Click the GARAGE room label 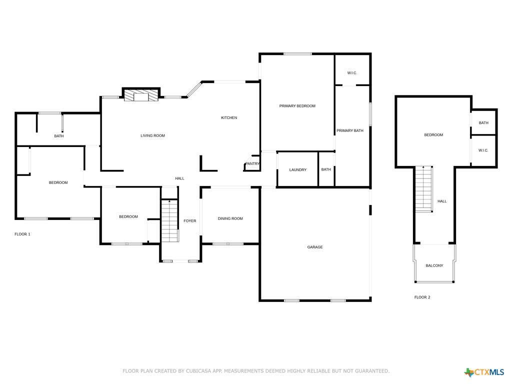point(315,247)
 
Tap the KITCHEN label point(229,118)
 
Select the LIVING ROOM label point(152,135)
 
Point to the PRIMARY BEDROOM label point(297,106)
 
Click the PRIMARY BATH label point(350,131)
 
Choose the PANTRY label point(252,163)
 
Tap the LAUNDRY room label point(297,170)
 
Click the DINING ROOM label point(230,218)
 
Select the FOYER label point(190,221)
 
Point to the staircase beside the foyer point(170,220)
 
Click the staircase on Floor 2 point(424,189)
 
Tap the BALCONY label point(434,265)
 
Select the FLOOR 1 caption point(22,234)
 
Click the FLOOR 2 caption point(422,297)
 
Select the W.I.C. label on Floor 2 point(483,150)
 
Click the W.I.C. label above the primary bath point(352,73)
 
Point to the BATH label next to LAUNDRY point(326,170)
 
